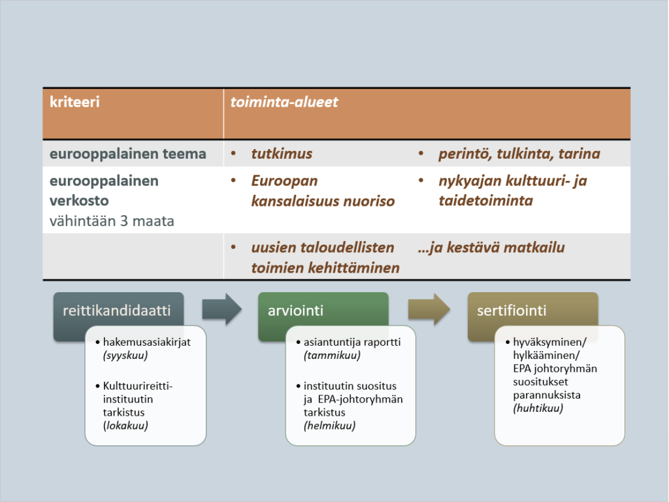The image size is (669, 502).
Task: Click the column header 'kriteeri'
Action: pyautogui.click(x=74, y=102)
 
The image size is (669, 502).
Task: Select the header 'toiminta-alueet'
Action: pyautogui.click(x=284, y=102)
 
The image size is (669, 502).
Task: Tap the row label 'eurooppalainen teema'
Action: pyautogui.click(x=128, y=154)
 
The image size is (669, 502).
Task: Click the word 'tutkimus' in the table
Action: pyautogui.click(x=282, y=154)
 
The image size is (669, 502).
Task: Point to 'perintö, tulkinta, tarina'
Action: pyautogui.click(x=519, y=154)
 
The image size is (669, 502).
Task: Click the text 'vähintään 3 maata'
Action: pyautogui.click(x=112, y=221)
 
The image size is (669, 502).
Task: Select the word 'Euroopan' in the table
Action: pyautogui.click(x=285, y=181)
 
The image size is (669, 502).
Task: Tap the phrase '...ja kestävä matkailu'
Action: pyautogui.click(x=491, y=248)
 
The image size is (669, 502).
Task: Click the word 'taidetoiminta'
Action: pyautogui.click(x=486, y=201)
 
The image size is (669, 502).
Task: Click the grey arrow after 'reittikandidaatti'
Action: pyautogui.click(x=222, y=309)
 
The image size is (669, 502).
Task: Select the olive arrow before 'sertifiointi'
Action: pyautogui.click(x=429, y=309)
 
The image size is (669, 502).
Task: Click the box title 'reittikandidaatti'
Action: pyautogui.click(x=116, y=310)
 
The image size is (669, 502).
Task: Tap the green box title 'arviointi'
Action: pyautogui.click(x=295, y=310)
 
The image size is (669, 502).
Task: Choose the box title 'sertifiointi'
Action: pyautogui.click(x=512, y=310)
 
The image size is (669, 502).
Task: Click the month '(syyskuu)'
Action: pyautogui.click(x=125, y=356)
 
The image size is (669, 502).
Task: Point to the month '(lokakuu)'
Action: pyautogui.click(x=125, y=426)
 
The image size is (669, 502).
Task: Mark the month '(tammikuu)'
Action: pyautogui.click(x=332, y=356)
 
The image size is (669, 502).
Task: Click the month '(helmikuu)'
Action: pyautogui.click(x=329, y=426)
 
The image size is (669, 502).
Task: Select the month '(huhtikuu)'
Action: pyautogui.click(x=538, y=409)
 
